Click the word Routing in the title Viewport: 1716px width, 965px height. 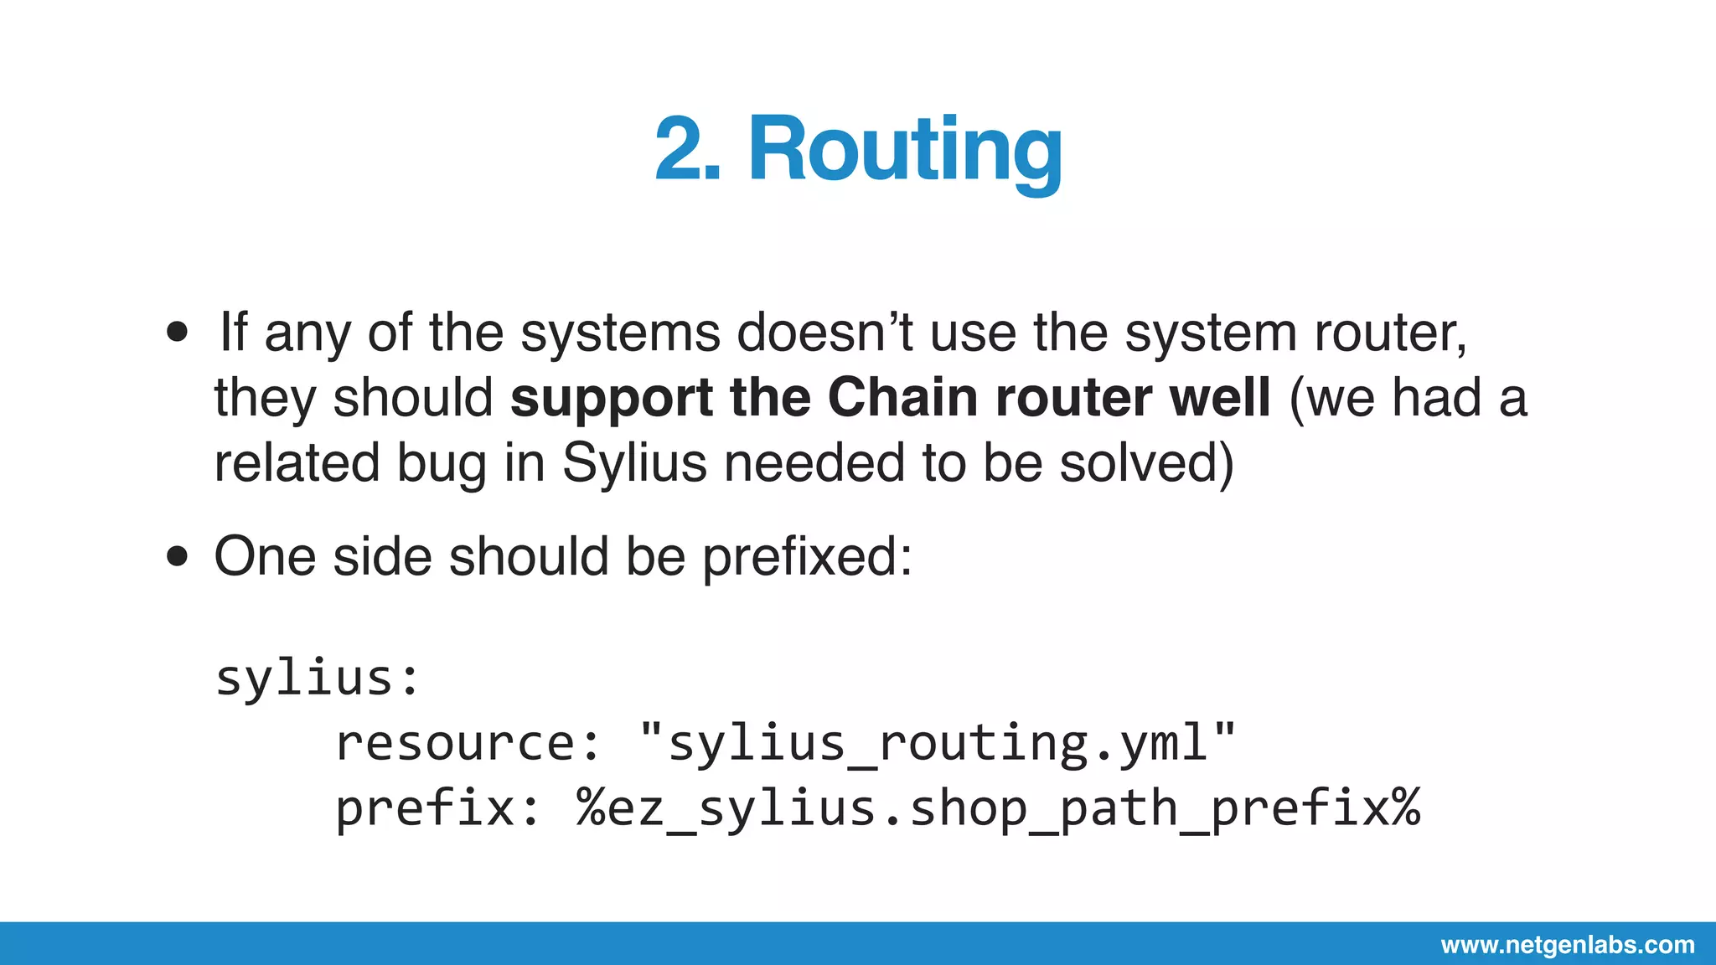tap(905, 151)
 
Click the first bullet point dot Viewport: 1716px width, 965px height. tap(178, 333)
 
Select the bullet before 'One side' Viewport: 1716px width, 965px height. tap(178, 556)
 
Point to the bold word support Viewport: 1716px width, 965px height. tap(612, 399)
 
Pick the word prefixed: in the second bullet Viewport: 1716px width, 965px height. tap(807, 557)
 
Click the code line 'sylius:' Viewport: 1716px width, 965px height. tap(318, 678)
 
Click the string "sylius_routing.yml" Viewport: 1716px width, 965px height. tap(937, 743)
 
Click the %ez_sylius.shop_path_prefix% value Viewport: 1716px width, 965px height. tap(998, 808)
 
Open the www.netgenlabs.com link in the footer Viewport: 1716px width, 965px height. tap(1568, 945)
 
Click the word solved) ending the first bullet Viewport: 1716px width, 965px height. tap(1146, 463)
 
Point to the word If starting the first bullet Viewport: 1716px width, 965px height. tap(234, 333)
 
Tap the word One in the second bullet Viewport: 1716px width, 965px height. tap(266, 556)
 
